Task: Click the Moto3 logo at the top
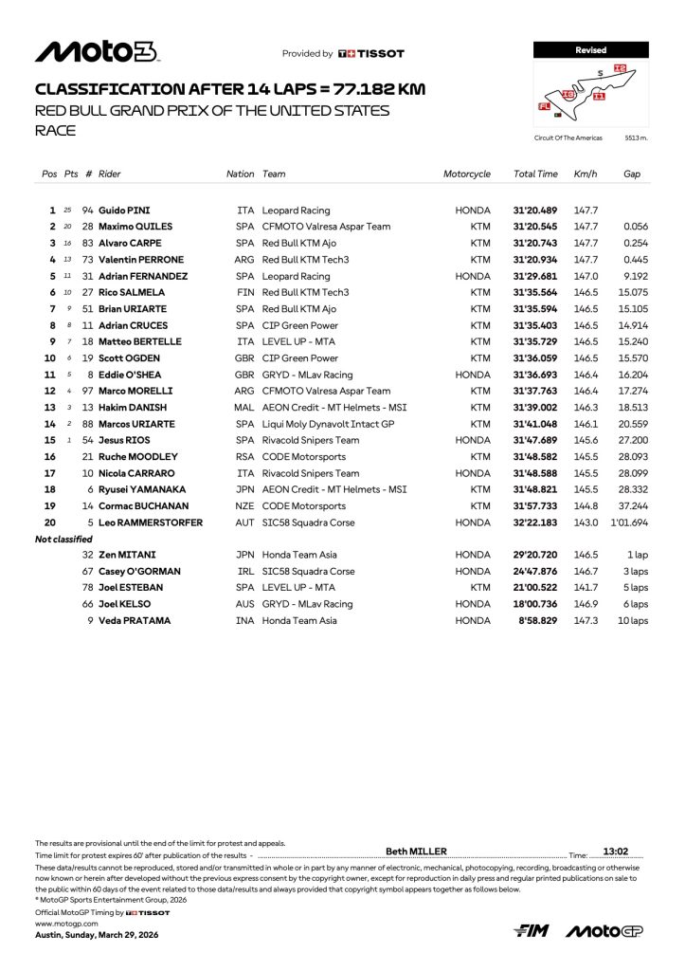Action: (x=97, y=52)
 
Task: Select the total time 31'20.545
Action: (x=535, y=227)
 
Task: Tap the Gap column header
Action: (x=632, y=174)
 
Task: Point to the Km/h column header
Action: (x=586, y=174)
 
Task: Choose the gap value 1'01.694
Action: (x=628, y=522)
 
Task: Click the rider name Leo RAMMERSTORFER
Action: (x=143, y=522)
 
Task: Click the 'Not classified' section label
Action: (x=63, y=540)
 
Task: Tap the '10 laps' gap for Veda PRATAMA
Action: (x=632, y=621)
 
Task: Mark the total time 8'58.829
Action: (x=539, y=621)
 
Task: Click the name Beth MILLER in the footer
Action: (x=417, y=852)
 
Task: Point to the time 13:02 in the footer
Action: (x=616, y=852)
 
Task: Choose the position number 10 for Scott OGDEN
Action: (x=50, y=357)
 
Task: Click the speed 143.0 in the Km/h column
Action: (x=586, y=522)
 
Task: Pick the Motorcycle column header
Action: (x=467, y=174)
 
